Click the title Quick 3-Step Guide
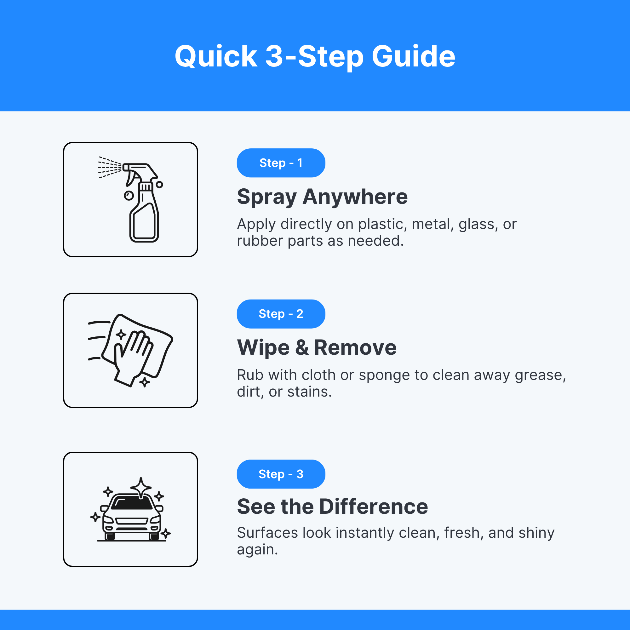[315, 57]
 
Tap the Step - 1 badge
[281, 163]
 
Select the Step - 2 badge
[281, 314]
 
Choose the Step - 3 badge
[281, 474]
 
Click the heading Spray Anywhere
[322, 197]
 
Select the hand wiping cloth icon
[130, 351]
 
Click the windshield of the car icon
[132, 503]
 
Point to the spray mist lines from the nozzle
[110, 167]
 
